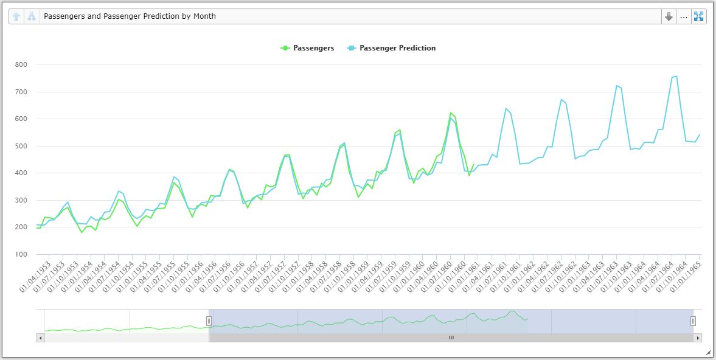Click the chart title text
(130, 16)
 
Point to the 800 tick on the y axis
(21, 64)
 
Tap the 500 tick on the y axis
(21, 146)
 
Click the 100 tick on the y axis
(21, 254)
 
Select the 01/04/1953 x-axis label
(35, 277)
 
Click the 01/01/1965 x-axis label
(686, 277)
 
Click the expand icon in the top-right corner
(698, 16)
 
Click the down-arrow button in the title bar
(669, 16)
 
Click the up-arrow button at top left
(16, 16)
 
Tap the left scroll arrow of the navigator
(41, 337)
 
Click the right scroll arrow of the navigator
(698, 337)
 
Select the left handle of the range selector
(209, 320)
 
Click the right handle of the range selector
(692, 320)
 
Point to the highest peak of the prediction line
(676, 76)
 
